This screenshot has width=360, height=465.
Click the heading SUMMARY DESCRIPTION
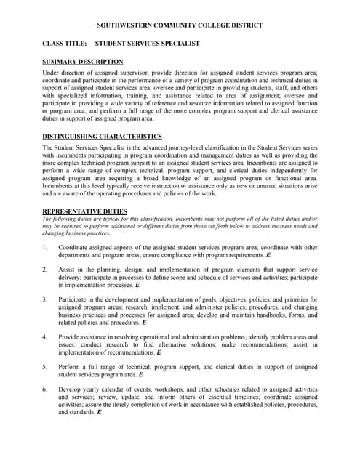(x=82, y=62)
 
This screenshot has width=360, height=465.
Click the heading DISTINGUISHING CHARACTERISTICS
(x=102, y=137)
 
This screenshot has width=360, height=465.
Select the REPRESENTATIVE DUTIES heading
(x=85, y=211)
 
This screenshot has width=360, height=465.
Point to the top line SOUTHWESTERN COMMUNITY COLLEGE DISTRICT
(x=180, y=25)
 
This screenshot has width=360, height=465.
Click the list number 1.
(x=45, y=248)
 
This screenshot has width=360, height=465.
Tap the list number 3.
(x=45, y=299)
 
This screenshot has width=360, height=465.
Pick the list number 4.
(x=45, y=337)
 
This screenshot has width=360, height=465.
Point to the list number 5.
(x=45, y=367)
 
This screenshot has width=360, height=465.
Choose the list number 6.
(x=45, y=389)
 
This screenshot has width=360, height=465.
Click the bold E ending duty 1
(x=268, y=256)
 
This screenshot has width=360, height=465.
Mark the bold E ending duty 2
(x=137, y=286)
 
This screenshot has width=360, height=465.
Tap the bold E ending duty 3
(x=144, y=323)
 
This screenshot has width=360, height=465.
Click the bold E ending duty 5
(x=140, y=375)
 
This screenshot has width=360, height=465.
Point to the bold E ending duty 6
(x=99, y=412)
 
